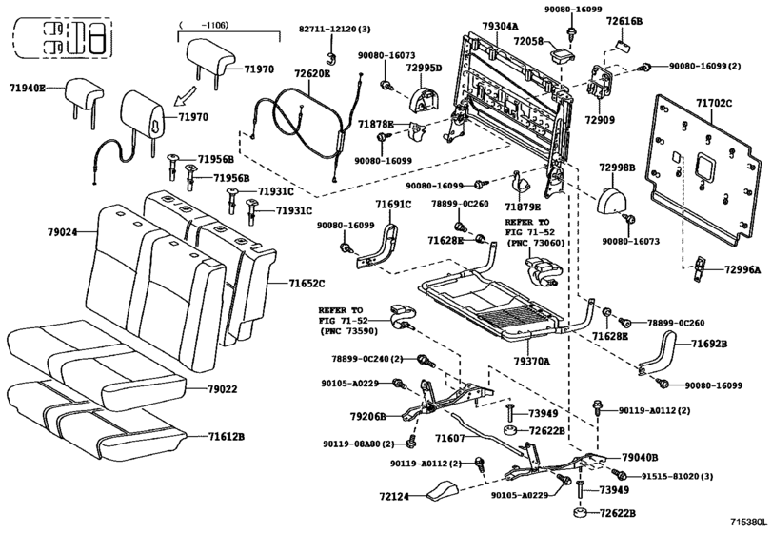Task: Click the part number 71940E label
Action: (x=27, y=89)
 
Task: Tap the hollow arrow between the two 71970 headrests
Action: (x=185, y=96)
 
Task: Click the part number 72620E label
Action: (x=311, y=74)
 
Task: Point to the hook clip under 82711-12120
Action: (x=333, y=55)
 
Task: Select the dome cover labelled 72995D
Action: (x=424, y=99)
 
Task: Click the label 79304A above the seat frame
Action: (x=500, y=26)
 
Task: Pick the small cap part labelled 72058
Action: (x=562, y=53)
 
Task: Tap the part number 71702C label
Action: (x=713, y=103)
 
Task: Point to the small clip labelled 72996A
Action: (x=699, y=269)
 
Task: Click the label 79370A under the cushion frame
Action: (x=531, y=362)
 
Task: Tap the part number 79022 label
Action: (x=222, y=388)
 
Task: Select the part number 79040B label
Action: (x=640, y=458)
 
